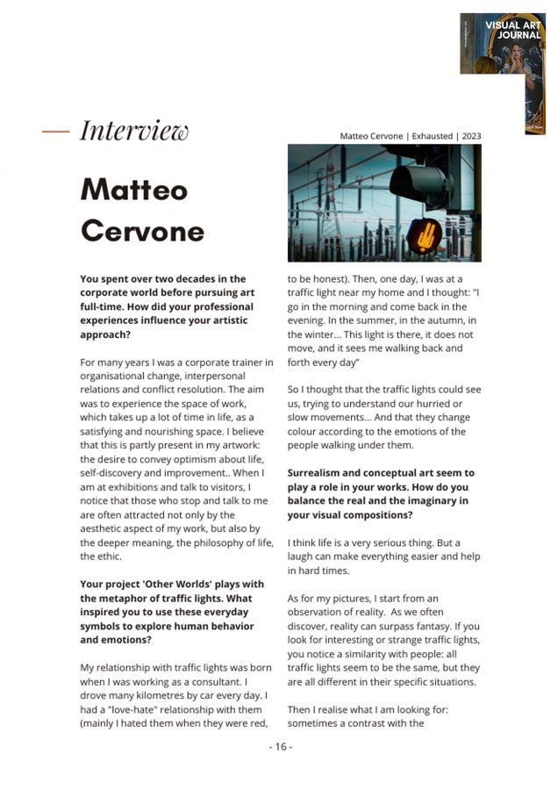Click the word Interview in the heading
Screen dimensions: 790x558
tap(134, 131)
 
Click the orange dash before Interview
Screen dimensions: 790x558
tap(56, 131)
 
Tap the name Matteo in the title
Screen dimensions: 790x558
tap(134, 188)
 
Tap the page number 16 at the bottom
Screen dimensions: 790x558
tap(280, 747)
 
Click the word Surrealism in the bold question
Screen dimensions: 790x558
tap(320, 473)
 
